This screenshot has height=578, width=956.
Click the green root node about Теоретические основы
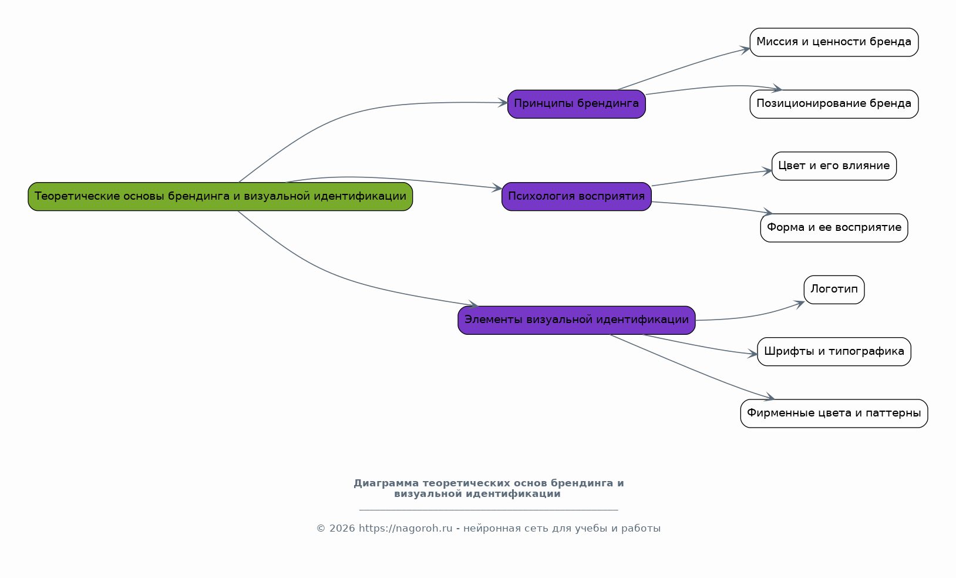[x=220, y=196]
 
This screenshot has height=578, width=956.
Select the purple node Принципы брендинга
[x=577, y=104]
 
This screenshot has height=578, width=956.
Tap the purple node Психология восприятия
[x=577, y=196]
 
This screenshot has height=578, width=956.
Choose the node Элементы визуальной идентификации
[x=577, y=320]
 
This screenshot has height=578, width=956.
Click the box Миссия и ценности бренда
[x=834, y=42]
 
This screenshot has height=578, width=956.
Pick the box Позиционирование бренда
[x=834, y=104]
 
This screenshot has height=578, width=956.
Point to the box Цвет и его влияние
[x=834, y=166]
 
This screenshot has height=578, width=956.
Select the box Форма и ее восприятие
[x=834, y=227]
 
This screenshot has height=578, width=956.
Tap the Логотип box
[x=834, y=290]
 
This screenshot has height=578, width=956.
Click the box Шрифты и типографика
[x=834, y=351]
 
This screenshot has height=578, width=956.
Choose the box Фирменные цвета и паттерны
[x=834, y=413]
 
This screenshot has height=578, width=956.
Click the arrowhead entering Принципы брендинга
[x=503, y=103]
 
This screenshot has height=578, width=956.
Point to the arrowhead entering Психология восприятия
[x=497, y=188]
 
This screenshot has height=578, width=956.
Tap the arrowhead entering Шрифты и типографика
[x=752, y=354]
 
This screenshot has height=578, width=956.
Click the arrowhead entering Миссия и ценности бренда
[x=745, y=50]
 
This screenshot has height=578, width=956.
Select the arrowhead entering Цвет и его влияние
[x=767, y=171]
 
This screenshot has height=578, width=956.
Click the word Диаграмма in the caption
[x=386, y=483]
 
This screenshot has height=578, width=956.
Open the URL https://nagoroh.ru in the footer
[x=405, y=529]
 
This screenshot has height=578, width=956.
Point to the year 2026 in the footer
[x=342, y=529]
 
